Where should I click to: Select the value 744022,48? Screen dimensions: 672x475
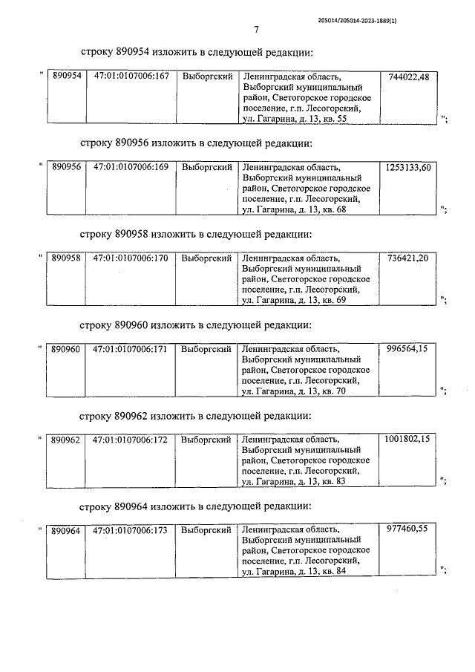(408, 77)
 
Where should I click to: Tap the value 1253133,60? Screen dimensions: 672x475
(407, 168)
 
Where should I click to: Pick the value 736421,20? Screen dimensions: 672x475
(408, 258)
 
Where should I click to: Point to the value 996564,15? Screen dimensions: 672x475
(408, 349)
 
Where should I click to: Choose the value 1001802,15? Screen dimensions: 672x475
(407, 440)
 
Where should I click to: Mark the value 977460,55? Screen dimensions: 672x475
(408, 530)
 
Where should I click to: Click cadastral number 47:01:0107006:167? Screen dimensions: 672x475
(131, 77)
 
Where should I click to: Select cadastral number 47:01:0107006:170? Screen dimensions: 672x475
(131, 258)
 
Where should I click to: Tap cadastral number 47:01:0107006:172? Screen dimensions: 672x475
(131, 440)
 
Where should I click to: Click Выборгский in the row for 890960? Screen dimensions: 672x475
(207, 349)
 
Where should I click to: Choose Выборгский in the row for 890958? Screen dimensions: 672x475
(207, 258)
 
